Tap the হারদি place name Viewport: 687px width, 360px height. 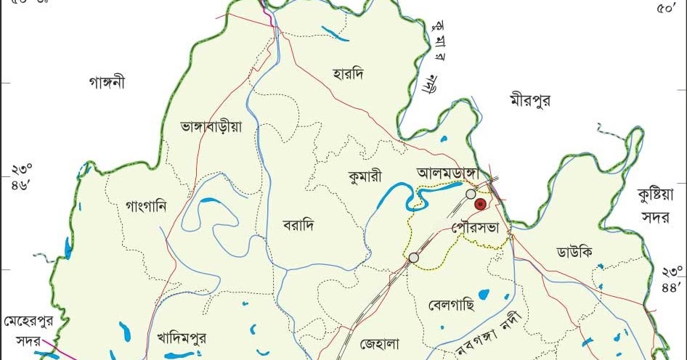[346, 73]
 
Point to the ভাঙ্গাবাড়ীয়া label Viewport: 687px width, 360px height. [211, 126]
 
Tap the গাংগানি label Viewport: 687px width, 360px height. [146, 205]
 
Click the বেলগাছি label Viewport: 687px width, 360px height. [451, 304]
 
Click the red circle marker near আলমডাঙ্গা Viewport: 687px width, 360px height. [480, 205]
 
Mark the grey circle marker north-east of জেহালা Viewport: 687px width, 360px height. [414, 257]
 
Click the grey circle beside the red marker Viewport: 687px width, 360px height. [471, 194]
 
